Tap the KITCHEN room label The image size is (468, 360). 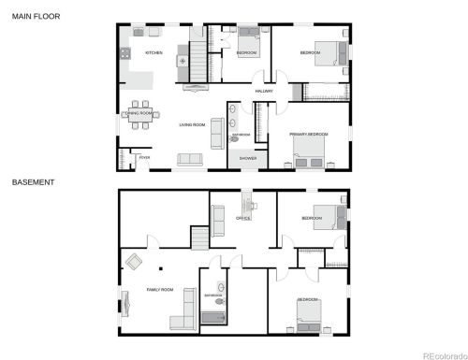(154, 53)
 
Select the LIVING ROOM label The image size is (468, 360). (192, 124)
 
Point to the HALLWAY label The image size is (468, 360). (264, 91)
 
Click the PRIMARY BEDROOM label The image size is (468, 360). (308, 135)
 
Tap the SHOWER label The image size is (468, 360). (248, 159)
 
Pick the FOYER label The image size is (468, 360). (144, 158)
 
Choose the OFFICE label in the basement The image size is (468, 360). (243, 218)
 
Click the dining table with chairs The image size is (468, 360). (140, 112)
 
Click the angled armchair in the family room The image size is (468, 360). (133, 261)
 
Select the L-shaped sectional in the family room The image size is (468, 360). (183, 313)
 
